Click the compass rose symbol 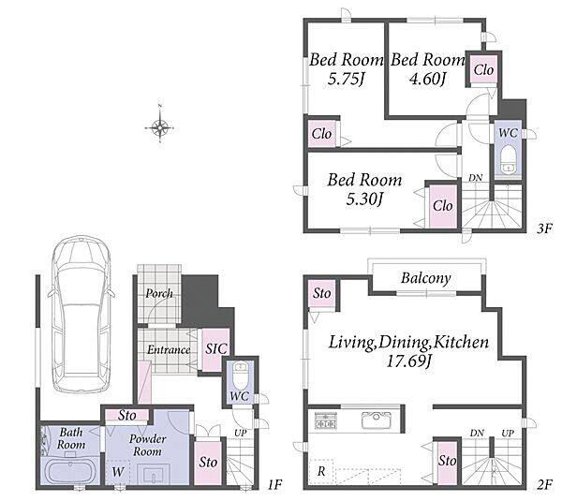160,126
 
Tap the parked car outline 81,315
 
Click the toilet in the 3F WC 508,159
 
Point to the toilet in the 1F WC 240,376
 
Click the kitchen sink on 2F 377,420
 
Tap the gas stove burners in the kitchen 326,420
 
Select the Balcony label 426,278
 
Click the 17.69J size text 408,361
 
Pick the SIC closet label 216,348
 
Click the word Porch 159,293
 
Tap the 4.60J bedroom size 427,78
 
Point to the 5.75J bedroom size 346,78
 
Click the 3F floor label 545,228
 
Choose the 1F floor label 274,485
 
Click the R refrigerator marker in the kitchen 321,471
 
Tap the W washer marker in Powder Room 118,472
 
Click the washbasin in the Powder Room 155,474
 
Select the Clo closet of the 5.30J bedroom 443,206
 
